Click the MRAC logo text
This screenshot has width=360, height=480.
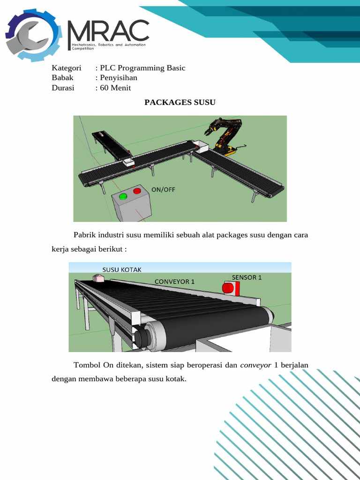coord(108,31)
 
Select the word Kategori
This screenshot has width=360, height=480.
coord(66,68)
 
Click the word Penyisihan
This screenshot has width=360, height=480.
coord(119,78)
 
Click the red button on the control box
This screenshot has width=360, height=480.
coord(137,191)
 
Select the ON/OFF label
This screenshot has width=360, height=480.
coord(163,190)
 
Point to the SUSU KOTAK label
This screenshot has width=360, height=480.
coord(122,270)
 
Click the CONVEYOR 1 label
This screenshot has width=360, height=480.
coord(174,281)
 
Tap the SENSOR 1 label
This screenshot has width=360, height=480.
coord(247,277)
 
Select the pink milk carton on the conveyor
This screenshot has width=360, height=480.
coord(99,278)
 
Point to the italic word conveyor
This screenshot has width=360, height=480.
coord(255,366)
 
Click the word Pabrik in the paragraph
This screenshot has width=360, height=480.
coord(83,235)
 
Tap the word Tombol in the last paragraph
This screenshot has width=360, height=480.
coord(85,366)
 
